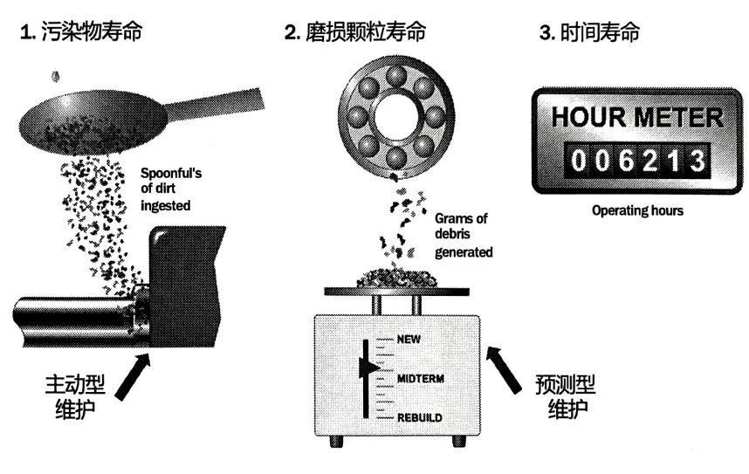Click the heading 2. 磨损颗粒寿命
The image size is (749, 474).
click(355, 34)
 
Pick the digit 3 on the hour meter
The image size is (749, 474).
click(696, 160)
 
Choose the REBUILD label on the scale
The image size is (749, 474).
click(420, 418)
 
